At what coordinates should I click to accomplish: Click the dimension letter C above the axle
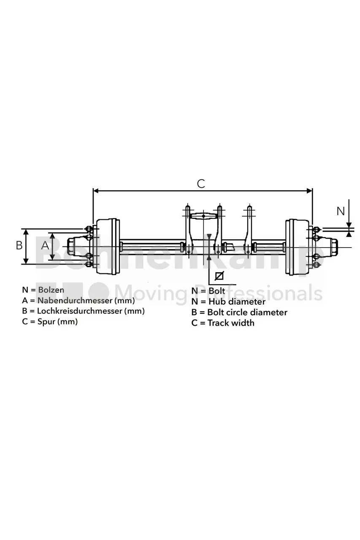[x=201, y=184]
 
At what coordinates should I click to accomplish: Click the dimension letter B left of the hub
[x=19, y=245]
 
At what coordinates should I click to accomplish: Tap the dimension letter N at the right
[x=341, y=211]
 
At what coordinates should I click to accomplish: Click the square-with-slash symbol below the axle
[x=219, y=276]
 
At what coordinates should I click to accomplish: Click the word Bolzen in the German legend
[x=51, y=290]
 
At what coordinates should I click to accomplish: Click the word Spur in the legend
[x=46, y=322]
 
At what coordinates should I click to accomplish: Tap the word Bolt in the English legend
[x=217, y=291]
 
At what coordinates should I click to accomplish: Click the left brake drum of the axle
[x=107, y=246]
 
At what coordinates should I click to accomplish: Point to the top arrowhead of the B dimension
[x=26, y=232]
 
